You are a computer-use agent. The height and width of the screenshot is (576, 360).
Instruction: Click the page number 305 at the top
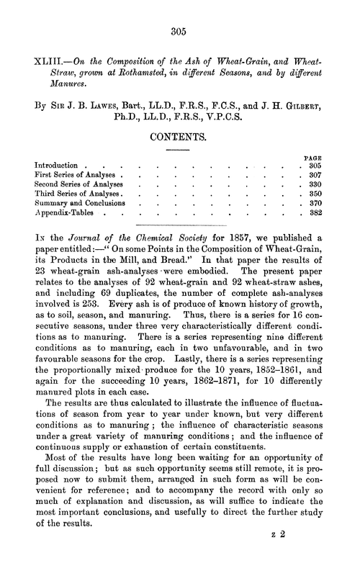pos(179,31)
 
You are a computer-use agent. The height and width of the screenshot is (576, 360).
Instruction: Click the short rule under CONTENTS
pos(179,149)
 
